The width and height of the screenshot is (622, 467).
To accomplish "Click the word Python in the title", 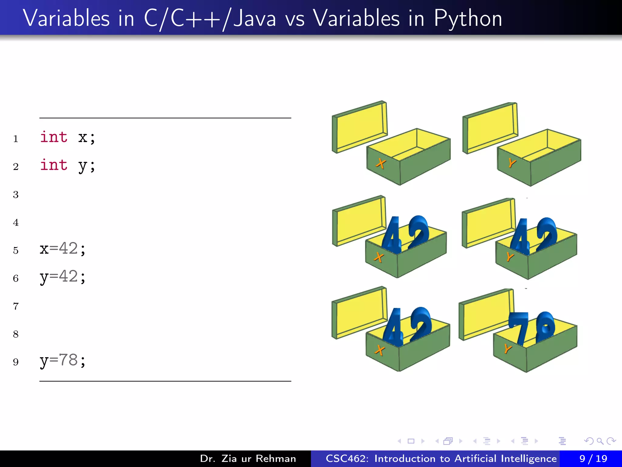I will coord(468,19).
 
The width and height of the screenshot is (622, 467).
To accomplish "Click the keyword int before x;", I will coord(54,137).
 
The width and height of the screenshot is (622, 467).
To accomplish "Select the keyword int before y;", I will coord(54,165).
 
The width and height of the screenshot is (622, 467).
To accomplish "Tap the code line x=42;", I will coord(63,249).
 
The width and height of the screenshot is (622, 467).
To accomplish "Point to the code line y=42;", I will coord(63,277).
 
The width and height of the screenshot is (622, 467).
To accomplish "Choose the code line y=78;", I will coord(63,360).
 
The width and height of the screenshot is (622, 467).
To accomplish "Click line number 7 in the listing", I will coord(16,306).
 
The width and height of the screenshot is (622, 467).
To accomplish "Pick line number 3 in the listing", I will coord(16,195).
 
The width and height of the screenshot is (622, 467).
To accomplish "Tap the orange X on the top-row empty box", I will coord(381,164).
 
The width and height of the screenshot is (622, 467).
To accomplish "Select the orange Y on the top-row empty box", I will coord(512,163).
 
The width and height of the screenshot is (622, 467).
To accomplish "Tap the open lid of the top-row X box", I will coord(360,126).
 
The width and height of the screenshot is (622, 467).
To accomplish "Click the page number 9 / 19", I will coord(593,458).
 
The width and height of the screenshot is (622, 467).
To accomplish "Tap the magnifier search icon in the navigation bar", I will coord(600,441).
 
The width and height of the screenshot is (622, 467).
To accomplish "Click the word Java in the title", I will coord(255,19).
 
